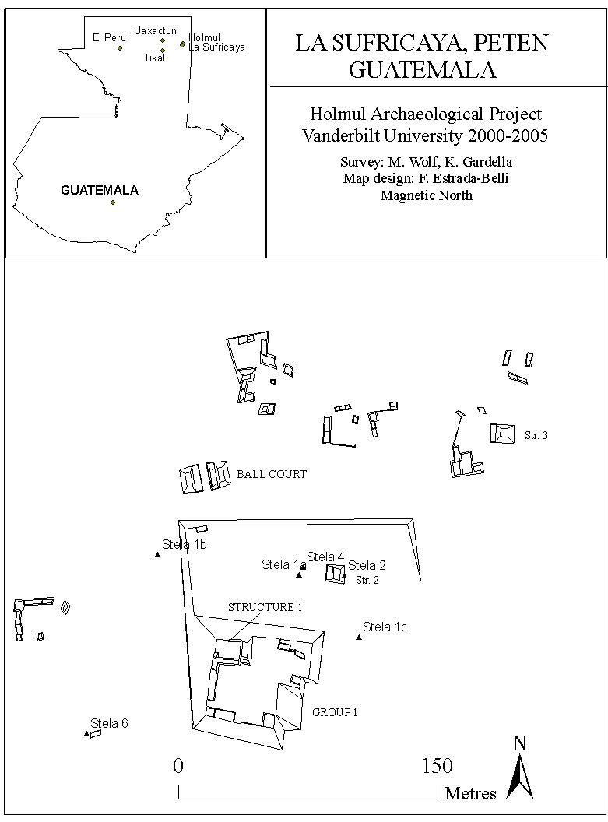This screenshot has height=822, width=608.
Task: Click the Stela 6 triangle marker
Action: tap(86, 734)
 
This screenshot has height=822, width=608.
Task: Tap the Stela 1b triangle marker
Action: tap(157, 555)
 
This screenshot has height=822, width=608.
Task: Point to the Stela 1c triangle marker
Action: tap(359, 638)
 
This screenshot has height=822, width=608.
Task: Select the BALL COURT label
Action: tap(272, 474)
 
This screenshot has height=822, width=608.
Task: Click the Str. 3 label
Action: tap(536, 435)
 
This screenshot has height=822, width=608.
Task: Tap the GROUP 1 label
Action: tap(335, 712)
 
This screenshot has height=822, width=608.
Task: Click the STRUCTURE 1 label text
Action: tap(265, 607)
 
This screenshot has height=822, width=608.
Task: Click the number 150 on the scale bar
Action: tap(438, 766)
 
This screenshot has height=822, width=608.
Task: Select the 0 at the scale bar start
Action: tap(179, 766)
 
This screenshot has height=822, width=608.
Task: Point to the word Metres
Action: tap(471, 793)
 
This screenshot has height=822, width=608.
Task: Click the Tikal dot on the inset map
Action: tap(163, 51)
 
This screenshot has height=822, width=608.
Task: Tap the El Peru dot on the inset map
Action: tap(120, 48)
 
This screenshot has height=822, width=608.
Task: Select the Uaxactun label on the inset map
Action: tap(155, 31)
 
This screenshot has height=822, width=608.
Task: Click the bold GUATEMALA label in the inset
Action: tap(100, 190)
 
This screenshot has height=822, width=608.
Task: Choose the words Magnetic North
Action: tap(426, 195)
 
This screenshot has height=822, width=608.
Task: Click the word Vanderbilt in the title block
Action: tap(337, 135)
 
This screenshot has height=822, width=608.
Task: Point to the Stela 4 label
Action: tap(325, 557)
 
